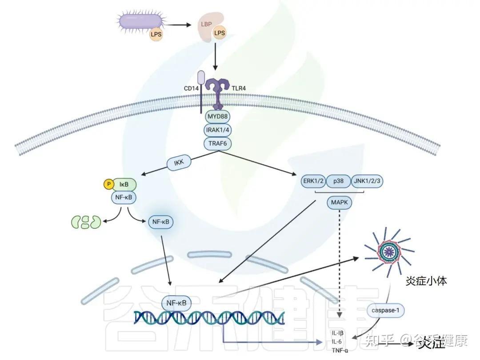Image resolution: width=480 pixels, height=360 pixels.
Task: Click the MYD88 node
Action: coord(217,117)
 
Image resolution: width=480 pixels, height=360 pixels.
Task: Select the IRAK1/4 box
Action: coord(217,130)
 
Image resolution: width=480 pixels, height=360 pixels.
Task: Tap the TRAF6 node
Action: coord(217,143)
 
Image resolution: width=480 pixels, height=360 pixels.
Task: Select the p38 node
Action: coord(339,181)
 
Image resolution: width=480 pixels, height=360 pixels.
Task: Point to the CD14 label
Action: coord(191,88)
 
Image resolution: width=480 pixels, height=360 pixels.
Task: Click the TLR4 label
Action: coord(239,88)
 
